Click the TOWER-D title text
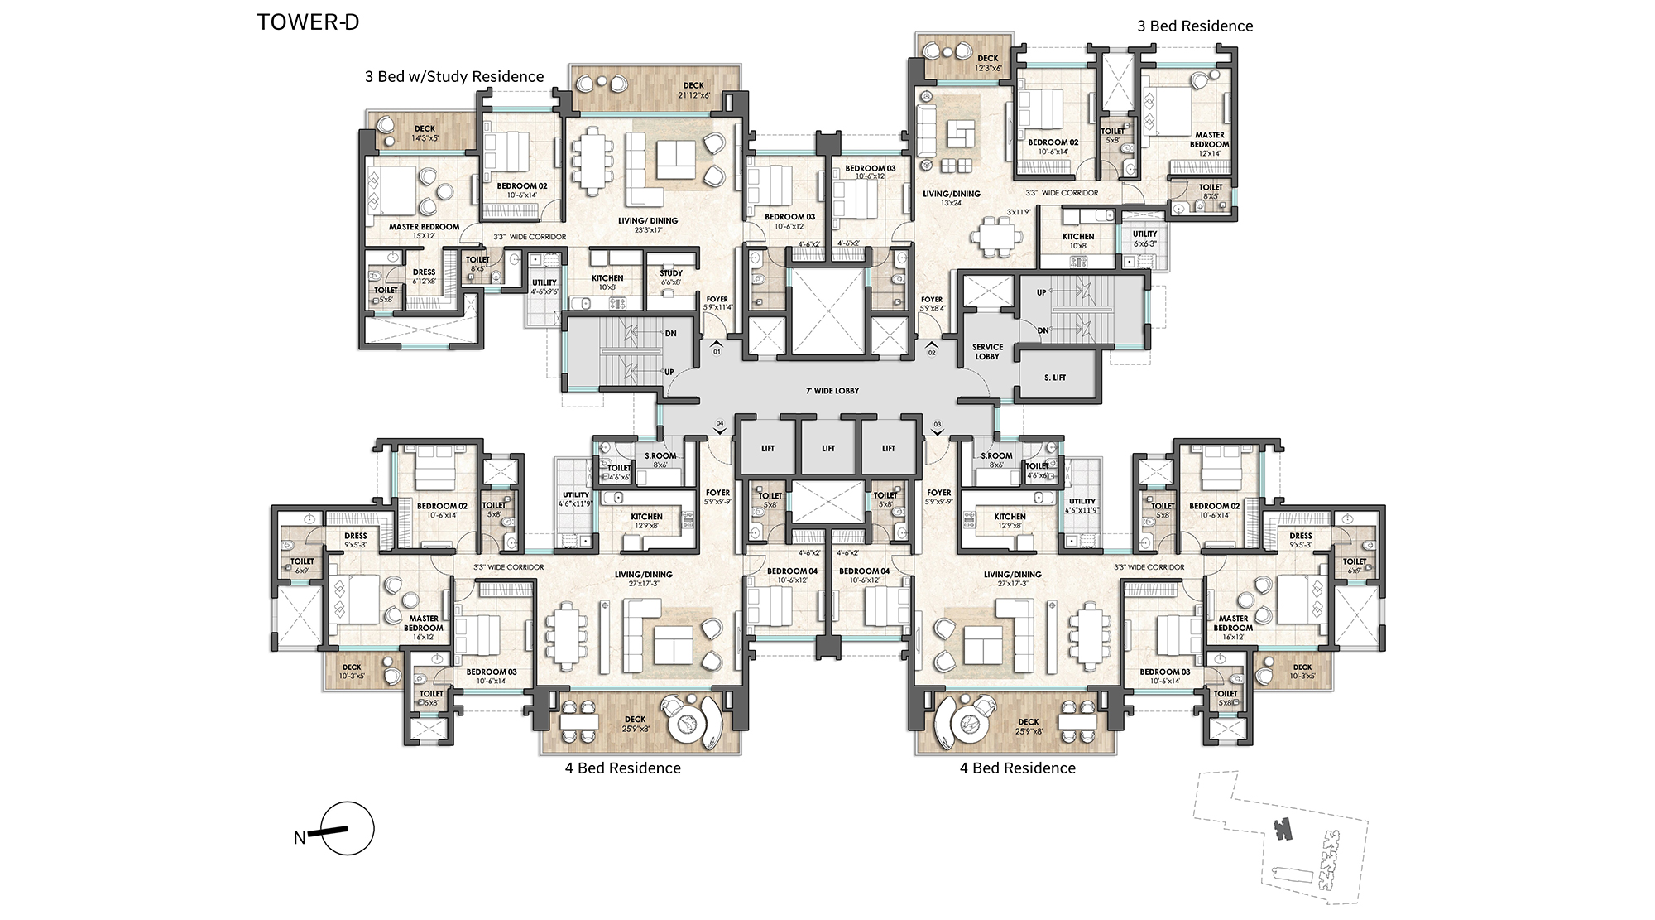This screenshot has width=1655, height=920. [308, 22]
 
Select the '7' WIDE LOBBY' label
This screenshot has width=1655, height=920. [832, 391]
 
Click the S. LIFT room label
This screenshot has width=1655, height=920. [1055, 378]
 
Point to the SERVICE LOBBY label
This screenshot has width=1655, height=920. [987, 352]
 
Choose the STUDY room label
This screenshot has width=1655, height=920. [671, 277]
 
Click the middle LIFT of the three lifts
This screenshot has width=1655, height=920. [828, 449]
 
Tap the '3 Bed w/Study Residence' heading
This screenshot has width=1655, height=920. [454, 77]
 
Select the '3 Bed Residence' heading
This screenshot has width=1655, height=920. [1195, 26]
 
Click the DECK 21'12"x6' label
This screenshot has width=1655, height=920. [693, 90]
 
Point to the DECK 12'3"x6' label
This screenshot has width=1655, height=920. [987, 63]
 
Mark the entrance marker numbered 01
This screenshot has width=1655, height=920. [717, 347]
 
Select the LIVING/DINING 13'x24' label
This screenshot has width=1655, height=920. [952, 198]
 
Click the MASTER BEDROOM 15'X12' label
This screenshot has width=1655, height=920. [424, 231]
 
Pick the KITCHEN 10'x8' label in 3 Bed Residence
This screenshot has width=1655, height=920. [1078, 241]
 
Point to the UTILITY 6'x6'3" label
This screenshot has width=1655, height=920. [1145, 238]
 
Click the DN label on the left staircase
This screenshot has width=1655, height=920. [670, 334]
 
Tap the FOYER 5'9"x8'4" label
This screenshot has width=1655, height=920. [932, 304]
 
